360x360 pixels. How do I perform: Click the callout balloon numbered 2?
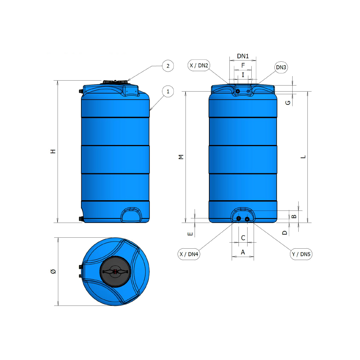click(x=168, y=66)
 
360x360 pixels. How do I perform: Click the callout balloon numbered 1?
click(x=168, y=91)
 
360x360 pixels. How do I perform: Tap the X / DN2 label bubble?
click(x=199, y=65)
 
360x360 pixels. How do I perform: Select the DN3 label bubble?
click(x=281, y=67)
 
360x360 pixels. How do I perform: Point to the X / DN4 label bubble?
click(x=189, y=254)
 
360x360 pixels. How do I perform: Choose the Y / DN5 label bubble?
click(x=301, y=254)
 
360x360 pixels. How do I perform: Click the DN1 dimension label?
click(x=243, y=56)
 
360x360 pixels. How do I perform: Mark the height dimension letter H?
click(x=53, y=151)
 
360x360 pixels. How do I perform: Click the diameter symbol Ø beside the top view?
click(x=53, y=271)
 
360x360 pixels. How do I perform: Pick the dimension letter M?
click(x=181, y=157)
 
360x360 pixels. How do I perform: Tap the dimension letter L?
click(x=303, y=157)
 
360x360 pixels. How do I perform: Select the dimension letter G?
click(x=288, y=103)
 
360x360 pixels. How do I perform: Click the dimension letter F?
click(x=243, y=65)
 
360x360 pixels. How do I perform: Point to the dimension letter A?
click(x=243, y=252)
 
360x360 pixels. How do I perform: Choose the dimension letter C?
click(x=243, y=238)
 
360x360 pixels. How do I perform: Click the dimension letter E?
click(x=190, y=234)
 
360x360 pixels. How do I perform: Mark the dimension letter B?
click(x=293, y=217)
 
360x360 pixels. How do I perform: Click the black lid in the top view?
click(x=116, y=271)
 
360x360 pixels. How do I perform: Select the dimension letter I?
click(x=243, y=75)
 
